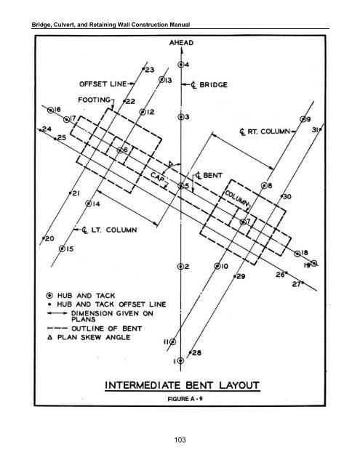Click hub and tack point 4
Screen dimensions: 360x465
(x=181, y=65)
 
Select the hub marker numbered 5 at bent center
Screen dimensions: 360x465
(x=181, y=186)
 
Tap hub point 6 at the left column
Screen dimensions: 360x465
(x=120, y=150)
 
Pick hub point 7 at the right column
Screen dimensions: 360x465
(x=243, y=222)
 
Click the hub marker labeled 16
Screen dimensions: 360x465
(x=51, y=110)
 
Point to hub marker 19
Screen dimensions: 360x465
(x=314, y=263)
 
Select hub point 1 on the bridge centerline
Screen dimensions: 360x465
(x=181, y=360)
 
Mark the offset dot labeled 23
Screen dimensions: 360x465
(x=143, y=69)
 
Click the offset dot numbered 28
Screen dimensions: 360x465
(x=190, y=352)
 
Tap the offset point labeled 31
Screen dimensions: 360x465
(x=320, y=129)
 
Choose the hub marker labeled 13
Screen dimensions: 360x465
(x=161, y=79)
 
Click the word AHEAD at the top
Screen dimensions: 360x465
(x=181, y=43)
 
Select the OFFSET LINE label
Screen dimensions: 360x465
(x=103, y=84)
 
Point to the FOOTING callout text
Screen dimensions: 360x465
(x=94, y=100)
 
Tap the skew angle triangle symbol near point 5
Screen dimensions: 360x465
(x=171, y=163)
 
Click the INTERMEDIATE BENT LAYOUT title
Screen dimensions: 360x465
(x=183, y=385)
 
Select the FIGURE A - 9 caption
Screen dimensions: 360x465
(x=185, y=399)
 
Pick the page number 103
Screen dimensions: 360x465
(x=180, y=440)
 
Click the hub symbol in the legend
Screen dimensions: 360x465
(x=50, y=296)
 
